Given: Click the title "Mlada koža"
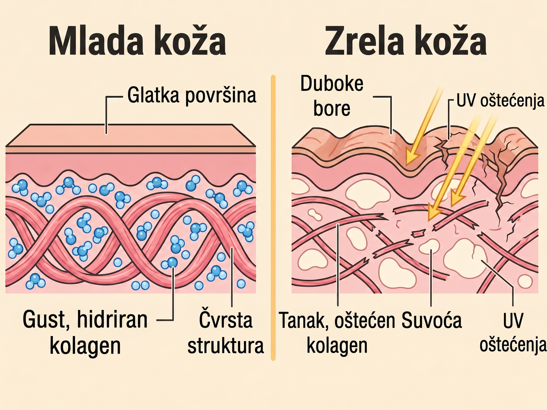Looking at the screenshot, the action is tap(137, 40).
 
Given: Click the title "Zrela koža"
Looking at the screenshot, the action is tap(406, 40).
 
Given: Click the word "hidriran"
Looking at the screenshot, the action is tap(112, 320).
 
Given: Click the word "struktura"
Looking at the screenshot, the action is tap(225, 345).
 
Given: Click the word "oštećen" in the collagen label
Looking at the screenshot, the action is tap(365, 320).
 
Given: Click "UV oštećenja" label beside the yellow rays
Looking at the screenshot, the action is tap(500, 101).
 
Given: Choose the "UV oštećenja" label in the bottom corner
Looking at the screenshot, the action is tap(513, 333).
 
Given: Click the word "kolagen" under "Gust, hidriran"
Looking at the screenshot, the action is tap(85, 346).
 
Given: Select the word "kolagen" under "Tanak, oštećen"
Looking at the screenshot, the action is tap(337, 346).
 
